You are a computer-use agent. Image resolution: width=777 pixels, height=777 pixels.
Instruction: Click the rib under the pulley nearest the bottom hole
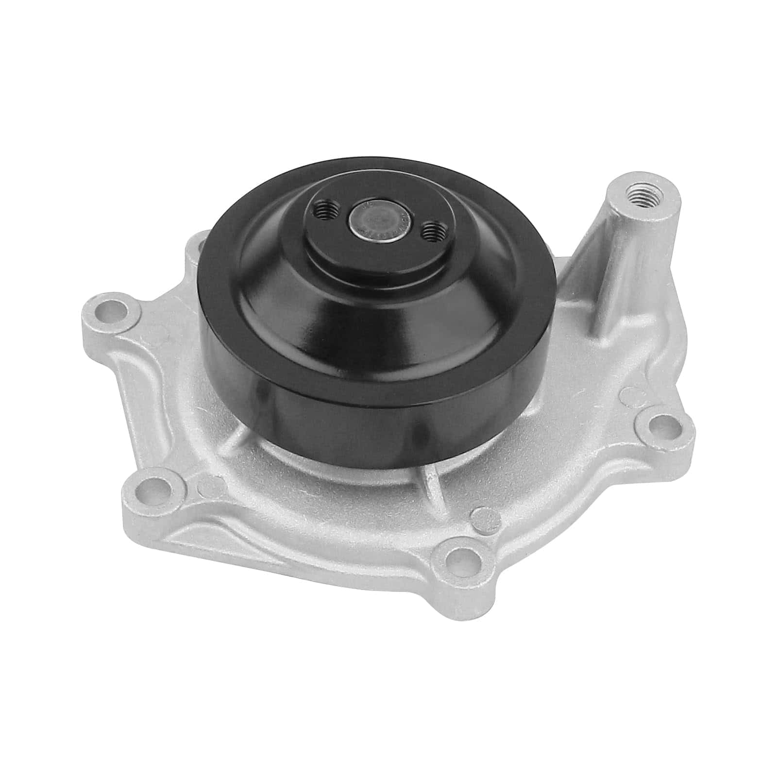[x=430, y=486]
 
